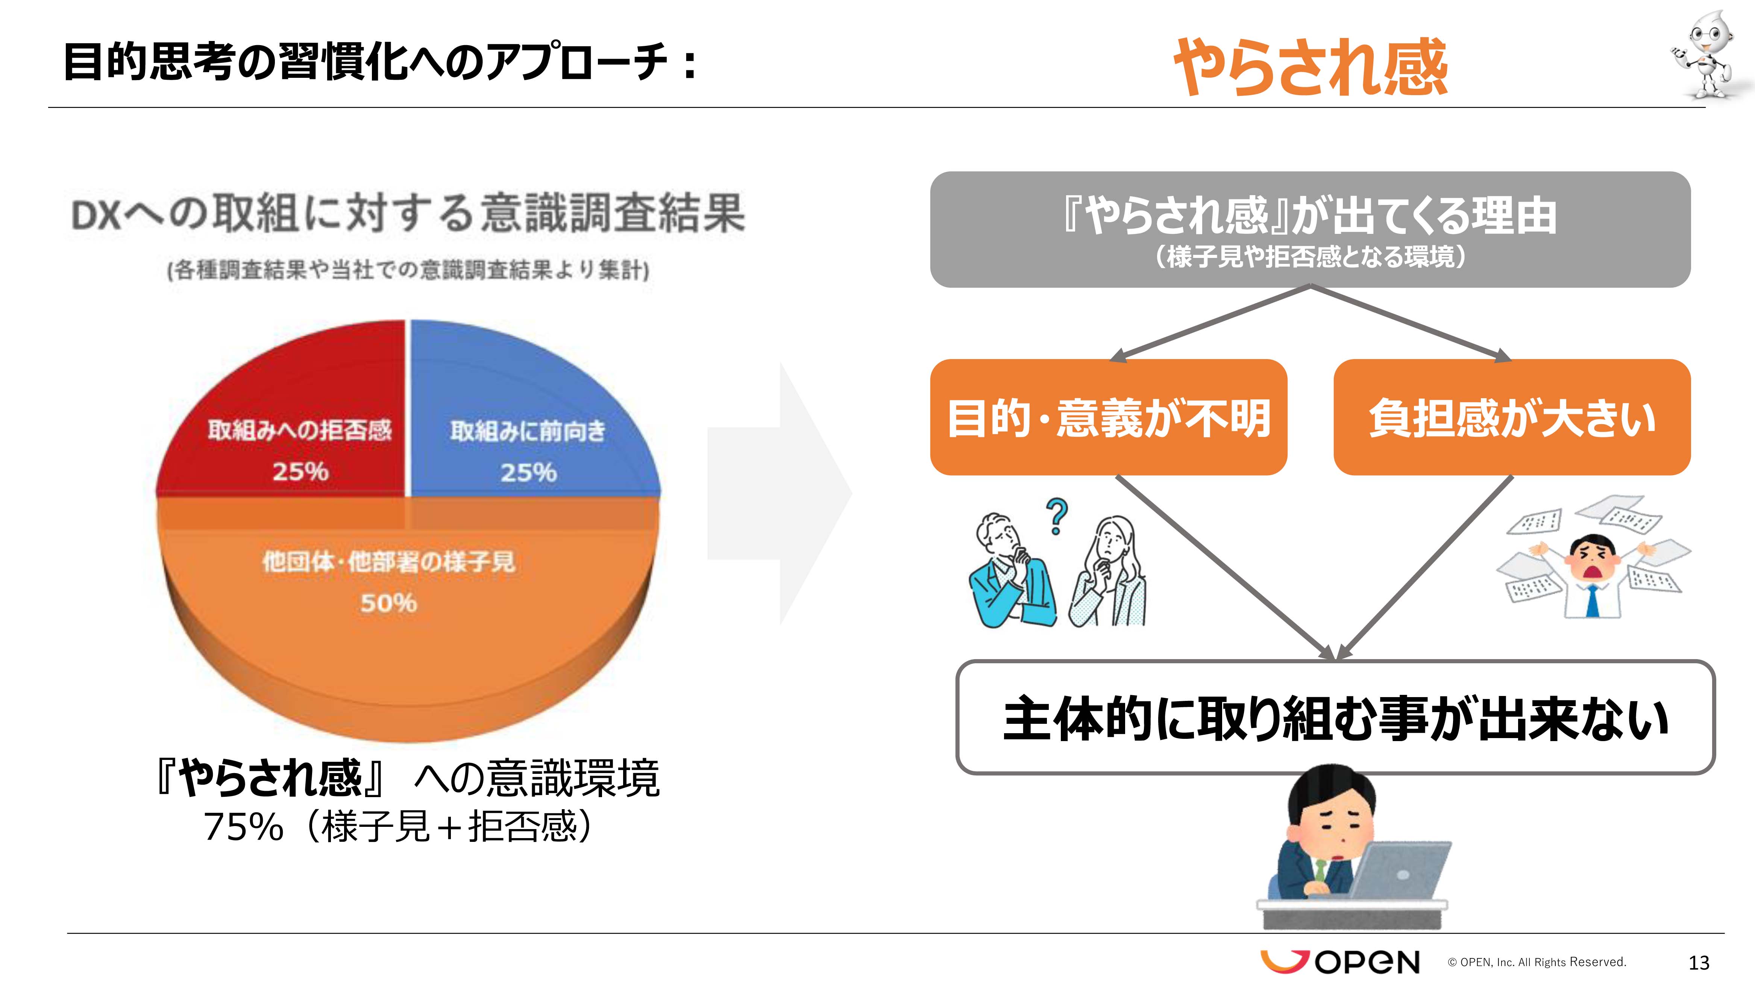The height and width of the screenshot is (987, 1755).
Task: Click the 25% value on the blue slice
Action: click(529, 472)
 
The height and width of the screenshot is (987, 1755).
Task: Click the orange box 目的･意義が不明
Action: click(1109, 417)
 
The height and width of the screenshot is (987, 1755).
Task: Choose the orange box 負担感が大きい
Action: click(1512, 417)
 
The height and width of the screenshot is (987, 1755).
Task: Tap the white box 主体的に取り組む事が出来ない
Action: click(1335, 717)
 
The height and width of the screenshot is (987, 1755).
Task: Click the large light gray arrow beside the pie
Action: click(780, 494)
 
